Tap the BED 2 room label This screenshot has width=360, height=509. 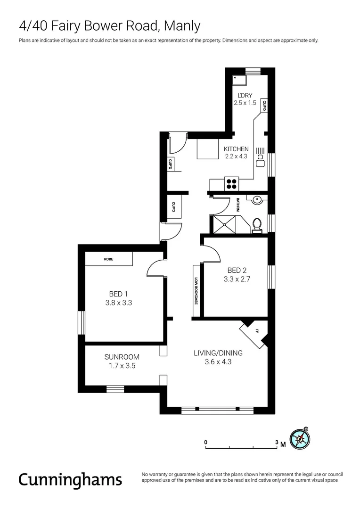[x=237, y=270]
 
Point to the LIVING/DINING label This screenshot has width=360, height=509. [x=218, y=353]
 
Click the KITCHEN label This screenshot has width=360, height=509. [x=236, y=149]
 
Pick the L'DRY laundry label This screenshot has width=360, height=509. [x=245, y=95]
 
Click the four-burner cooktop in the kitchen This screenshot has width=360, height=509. [x=232, y=183]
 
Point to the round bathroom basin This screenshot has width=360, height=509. [x=257, y=200]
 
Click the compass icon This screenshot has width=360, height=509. [x=301, y=438]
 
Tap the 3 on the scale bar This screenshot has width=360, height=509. [x=277, y=443]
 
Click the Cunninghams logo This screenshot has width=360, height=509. [x=70, y=479]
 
